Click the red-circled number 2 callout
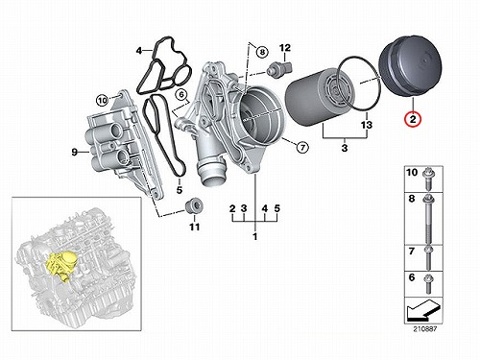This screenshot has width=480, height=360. pyautogui.click(x=413, y=119)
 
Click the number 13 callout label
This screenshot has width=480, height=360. pyautogui.click(x=367, y=124)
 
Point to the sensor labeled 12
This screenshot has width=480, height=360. pyautogui.click(x=278, y=68)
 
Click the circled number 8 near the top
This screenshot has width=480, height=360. pyautogui.click(x=262, y=51)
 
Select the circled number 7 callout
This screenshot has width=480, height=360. pyautogui.click(x=302, y=148)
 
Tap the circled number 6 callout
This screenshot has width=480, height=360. pyautogui.click(x=181, y=95)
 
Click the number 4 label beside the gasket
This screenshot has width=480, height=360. pyautogui.click(x=139, y=51)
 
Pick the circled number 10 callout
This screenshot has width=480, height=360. pyautogui.click(x=103, y=101)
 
